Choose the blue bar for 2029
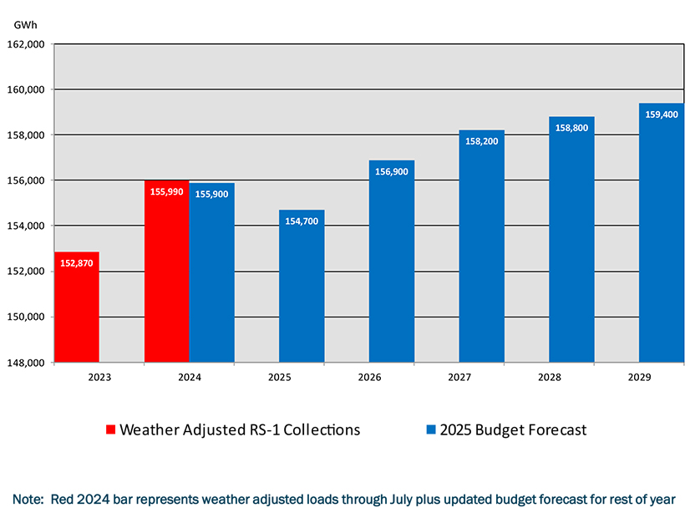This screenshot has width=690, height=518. (x=662, y=233)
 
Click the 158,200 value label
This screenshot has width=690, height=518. (x=481, y=141)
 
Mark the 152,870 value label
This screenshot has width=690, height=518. (x=77, y=263)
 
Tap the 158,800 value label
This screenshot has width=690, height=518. (x=571, y=128)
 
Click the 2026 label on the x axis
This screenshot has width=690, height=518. (x=369, y=378)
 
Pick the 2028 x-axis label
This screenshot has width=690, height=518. (x=549, y=378)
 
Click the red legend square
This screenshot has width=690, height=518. (x=110, y=430)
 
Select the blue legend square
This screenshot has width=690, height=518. (x=431, y=430)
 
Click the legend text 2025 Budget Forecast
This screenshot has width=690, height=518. (x=514, y=430)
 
